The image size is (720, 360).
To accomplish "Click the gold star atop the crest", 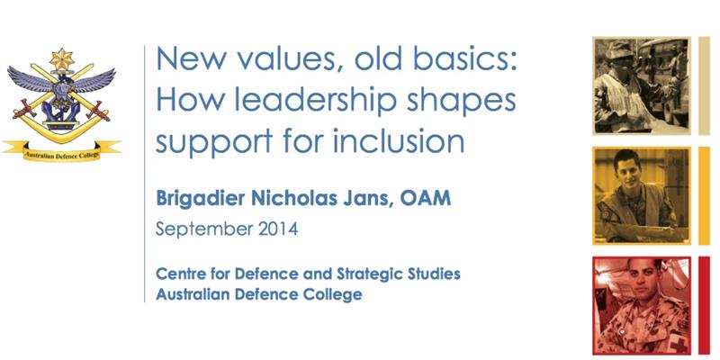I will click(x=60, y=60).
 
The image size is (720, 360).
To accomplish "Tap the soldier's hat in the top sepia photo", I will click(x=621, y=50).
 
